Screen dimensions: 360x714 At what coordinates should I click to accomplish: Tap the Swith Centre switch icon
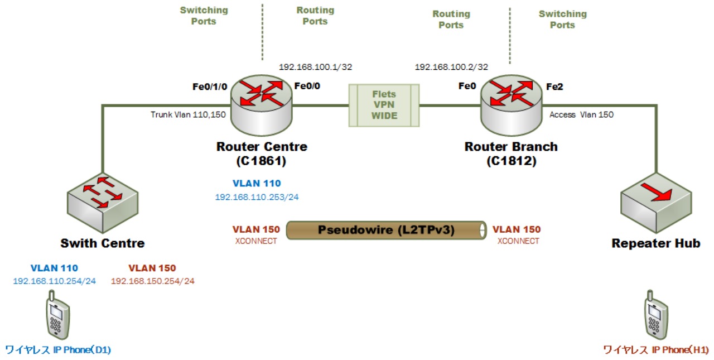pyautogui.click(x=103, y=203)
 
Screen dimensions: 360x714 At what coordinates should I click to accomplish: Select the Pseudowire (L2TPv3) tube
pyautogui.click(x=385, y=230)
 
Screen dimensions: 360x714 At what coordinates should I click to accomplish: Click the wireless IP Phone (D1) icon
pyautogui.click(x=58, y=316)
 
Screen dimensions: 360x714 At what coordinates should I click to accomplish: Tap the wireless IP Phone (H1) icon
pyautogui.click(x=656, y=316)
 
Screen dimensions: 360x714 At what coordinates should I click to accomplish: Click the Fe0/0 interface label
pyautogui.click(x=307, y=86)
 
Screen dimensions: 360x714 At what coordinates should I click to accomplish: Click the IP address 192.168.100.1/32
pyautogui.click(x=315, y=66)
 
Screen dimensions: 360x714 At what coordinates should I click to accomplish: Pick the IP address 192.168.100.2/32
pyautogui.click(x=451, y=66)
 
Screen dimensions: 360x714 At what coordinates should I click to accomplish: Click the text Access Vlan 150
pyautogui.click(x=581, y=114)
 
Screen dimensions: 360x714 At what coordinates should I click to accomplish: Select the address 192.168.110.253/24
pyautogui.click(x=257, y=196)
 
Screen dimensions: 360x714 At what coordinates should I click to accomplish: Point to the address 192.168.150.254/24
pyautogui.click(x=152, y=281)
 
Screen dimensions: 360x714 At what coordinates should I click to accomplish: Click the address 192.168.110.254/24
pyautogui.click(x=54, y=281)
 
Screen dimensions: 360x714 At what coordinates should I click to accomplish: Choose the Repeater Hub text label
pyautogui.click(x=656, y=243)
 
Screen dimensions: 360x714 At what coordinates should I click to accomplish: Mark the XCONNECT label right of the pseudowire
pyautogui.click(x=518, y=241)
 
